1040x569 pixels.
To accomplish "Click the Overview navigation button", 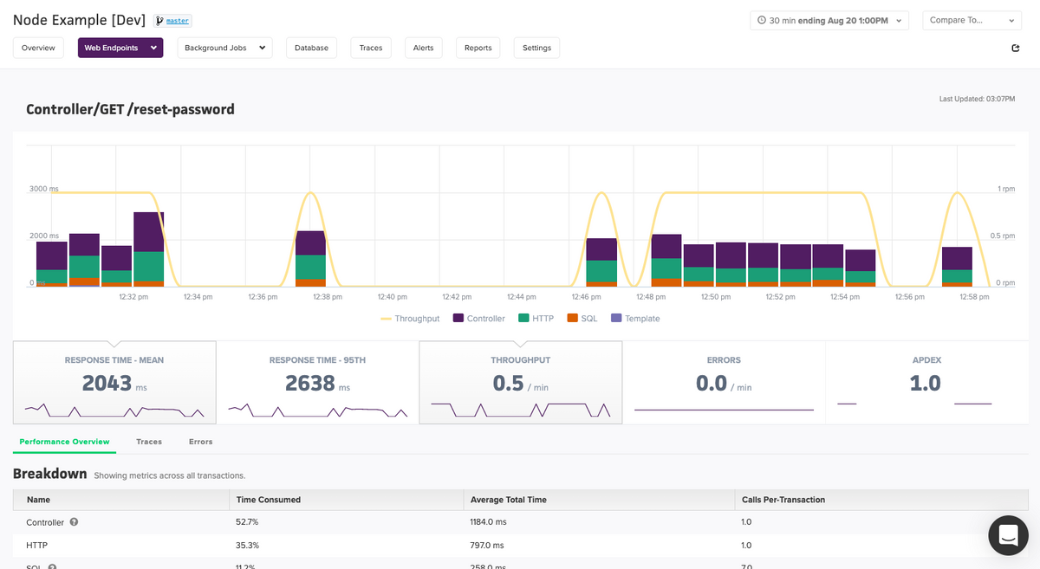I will click(x=38, y=48).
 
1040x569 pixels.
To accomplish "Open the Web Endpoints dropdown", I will click(x=120, y=48).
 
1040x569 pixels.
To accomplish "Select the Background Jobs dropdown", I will click(x=224, y=48).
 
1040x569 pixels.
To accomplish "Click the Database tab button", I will click(x=311, y=48).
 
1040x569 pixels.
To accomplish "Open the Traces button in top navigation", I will click(x=371, y=48).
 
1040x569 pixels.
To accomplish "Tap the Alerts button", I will click(x=423, y=48).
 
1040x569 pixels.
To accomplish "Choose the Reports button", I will click(x=478, y=48).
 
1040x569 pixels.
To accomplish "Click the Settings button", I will click(x=536, y=48).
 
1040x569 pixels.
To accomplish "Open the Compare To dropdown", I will click(x=972, y=20).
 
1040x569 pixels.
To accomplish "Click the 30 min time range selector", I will click(x=829, y=20).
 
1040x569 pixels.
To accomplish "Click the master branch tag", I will click(x=173, y=21).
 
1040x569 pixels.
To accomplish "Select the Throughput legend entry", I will click(x=410, y=319).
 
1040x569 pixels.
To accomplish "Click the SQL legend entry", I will click(x=582, y=319).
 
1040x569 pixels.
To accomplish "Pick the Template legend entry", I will click(x=635, y=319).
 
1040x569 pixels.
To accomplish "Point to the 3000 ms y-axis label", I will click(x=43, y=189).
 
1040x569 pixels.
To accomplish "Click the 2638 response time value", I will click(x=310, y=383).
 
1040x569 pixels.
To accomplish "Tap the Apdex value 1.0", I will click(x=925, y=383).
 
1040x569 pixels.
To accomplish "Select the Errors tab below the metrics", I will click(x=200, y=442).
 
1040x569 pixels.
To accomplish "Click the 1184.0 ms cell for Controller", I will click(x=488, y=522).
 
